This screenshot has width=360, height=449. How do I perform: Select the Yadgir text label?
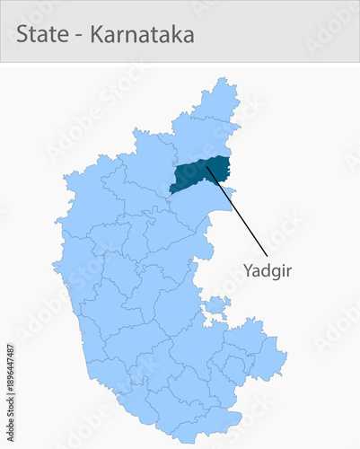click(x=268, y=269)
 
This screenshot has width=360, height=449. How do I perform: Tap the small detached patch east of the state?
click(x=216, y=307)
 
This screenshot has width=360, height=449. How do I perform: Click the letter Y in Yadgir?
click(x=249, y=269)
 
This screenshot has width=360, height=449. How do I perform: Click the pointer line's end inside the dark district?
click(x=207, y=165)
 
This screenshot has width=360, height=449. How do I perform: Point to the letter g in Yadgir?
click(x=275, y=271)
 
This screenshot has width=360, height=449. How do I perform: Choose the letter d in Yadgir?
click(x=266, y=269)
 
